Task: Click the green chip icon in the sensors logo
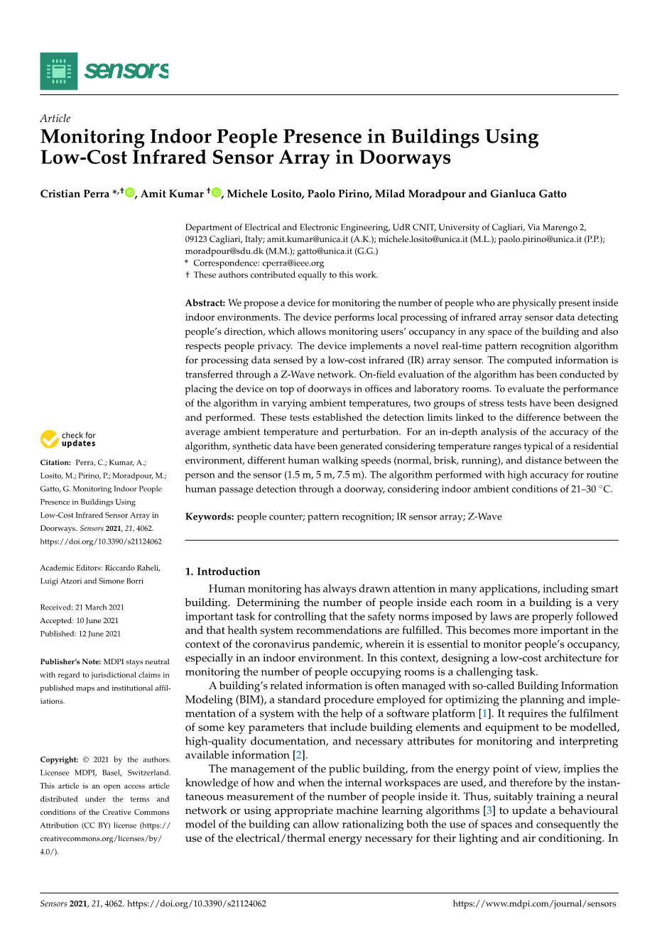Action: (x=59, y=71)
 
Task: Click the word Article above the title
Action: (x=55, y=119)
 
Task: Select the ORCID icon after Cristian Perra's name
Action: (x=130, y=193)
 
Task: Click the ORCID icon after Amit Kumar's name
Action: (x=217, y=193)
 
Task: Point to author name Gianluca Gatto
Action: (x=528, y=194)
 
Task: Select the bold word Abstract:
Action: (x=205, y=303)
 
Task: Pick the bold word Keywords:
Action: (x=210, y=517)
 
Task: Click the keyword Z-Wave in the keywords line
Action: (x=484, y=517)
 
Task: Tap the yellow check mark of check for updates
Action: (x=49, y=439)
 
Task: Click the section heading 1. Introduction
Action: (x=222, y=571)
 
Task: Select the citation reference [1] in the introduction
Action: (x=483, y=713)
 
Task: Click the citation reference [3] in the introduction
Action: (x=488, y=810)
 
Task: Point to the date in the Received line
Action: (x=99, y=608)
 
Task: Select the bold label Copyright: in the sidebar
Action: (x=59, y=759)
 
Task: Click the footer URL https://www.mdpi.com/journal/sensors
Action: (x=534, y=903)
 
